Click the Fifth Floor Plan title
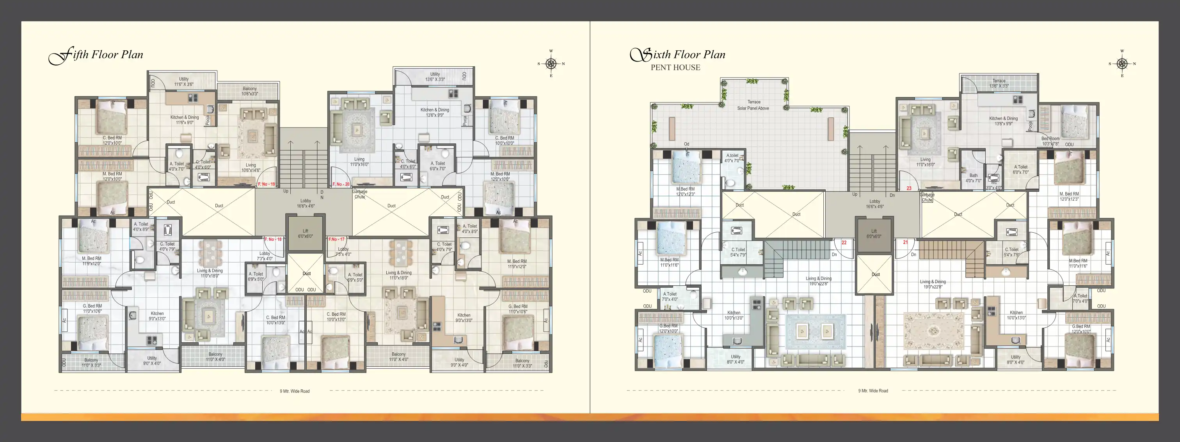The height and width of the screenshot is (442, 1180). pos(96,55)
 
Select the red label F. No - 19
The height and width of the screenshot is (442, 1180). pos(266,184)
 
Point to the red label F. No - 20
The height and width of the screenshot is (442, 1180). pos(341,184)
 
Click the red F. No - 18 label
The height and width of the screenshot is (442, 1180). pos(273,239)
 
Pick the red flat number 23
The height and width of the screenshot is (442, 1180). pos(909,188)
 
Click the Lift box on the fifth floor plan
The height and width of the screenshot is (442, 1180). pos(305,234)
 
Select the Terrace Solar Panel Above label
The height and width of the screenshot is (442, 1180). pos(753,105)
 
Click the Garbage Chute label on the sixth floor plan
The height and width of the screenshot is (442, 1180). pos(927,197)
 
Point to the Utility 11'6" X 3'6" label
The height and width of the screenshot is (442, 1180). pos(184,82)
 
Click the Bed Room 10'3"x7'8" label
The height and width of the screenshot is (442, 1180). pos(1050,141)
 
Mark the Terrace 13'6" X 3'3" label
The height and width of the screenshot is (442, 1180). pos(999,83)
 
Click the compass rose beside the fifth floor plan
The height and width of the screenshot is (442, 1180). pos(551,64)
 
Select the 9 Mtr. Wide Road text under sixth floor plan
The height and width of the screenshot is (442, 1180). pos(873,391)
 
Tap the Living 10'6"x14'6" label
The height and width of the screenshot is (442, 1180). pos(251,168)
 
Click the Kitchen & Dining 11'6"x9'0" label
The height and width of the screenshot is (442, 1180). pos(185,120)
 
